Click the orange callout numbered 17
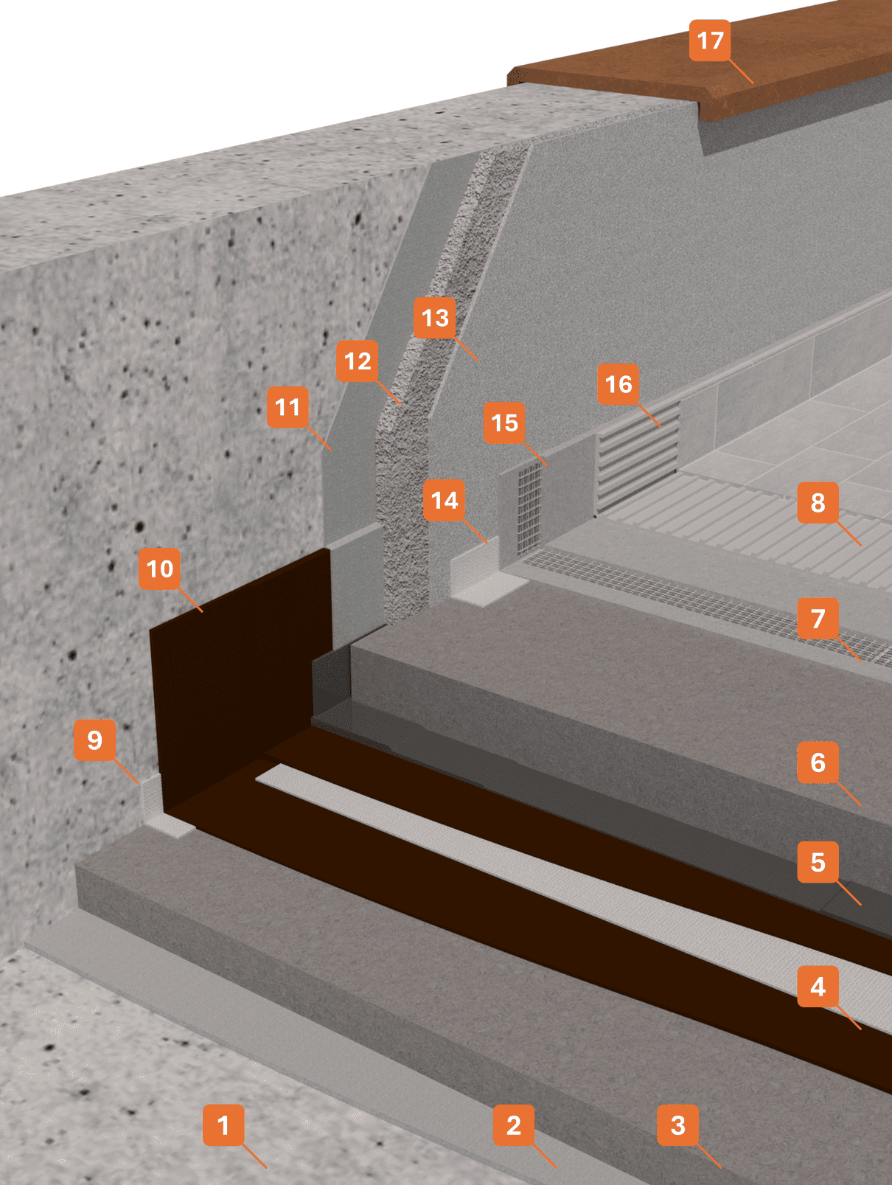pyautogui.click(x=710, y=41)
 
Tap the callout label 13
pyautogui.click(x=435, y=318)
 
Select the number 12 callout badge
pyautogui.click(x=358, y=361)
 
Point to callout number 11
pyautogui.click(x=288, y=407)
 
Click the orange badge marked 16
pyautogui.click(x=619, y=384)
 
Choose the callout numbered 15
pyautogui.click(x=504, y=423)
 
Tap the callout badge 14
pyautogui.click(x=445, y=501)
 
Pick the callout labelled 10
pyautogui.click(x=160, y=569)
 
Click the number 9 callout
pyautogui.click(x=94, y=740)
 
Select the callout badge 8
pyautogui.click(x=818, y=502)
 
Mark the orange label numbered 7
pyautogui.click(x=818, y=618)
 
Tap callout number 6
pyautogui.click(x=818, y=762)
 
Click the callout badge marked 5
pyautogui.click(x=818, y=862)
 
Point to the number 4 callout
pyautogui.click(x=818, y=987)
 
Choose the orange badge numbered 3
pyautogui.click(x=678, y=1125)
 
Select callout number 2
pyautogui.click(x=514, y=1125)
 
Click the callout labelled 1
pyautogui.click(x=223, y=1125)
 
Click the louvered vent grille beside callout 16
pyautogui.click(x=638, y=457)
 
